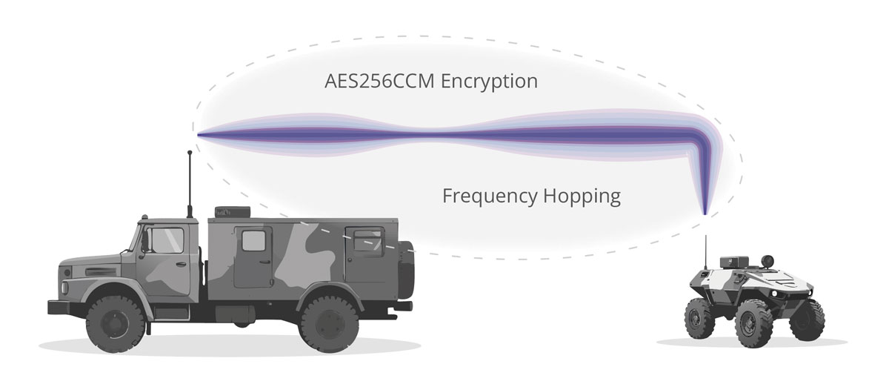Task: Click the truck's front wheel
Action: pos(116,323)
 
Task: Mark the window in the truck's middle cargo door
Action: pos(253,240)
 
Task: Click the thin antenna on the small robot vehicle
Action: pos(705,248)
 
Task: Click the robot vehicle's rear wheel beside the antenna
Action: pos(699,320)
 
